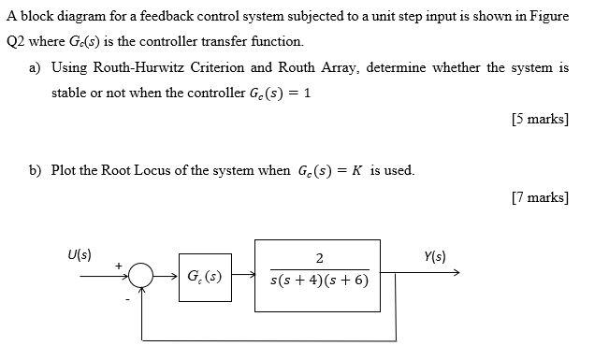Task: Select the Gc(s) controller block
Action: (x=205, y=276)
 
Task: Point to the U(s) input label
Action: (x=80, y=254)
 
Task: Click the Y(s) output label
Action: (x=434, y=255)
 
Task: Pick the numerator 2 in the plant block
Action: (x=319, y=259)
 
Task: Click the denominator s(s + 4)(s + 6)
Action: (x=319, y=280)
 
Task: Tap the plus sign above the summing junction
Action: (x=119, y=265)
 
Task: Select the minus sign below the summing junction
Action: (x=128, y=299)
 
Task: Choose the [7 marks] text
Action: (x=540, y=196)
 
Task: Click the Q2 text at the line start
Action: (x=16, y=42)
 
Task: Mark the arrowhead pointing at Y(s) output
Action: (x=456, y=274)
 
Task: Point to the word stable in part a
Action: (x=69, y=94)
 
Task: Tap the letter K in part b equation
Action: (x=356, y=170)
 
